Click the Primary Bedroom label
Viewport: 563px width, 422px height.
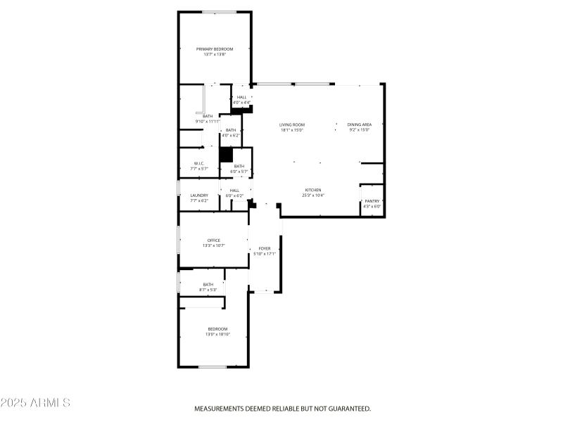[x=214, y=49]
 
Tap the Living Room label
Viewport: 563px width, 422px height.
[x=291, y=125]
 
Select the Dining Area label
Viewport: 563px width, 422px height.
[x=359, y=125]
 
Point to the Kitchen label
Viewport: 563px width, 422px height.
[x=312, y=190]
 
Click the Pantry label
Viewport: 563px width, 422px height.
[x=372, y=202]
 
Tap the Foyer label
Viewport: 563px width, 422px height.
[x=265, y=248]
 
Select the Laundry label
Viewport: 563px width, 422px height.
[x=199, y=196]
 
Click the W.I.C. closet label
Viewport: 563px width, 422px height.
[x=199, y=163]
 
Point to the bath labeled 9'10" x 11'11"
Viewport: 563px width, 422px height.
[x=208, y=116]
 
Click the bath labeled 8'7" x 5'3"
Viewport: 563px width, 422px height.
[x=208, y=285]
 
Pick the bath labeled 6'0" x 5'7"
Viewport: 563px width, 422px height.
[x=239, y=167]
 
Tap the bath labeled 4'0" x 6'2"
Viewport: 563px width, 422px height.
[x=231, y=131]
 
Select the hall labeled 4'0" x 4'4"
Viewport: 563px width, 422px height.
[x=241, y=98]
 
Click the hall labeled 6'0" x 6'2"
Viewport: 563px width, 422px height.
[x=234, y=190]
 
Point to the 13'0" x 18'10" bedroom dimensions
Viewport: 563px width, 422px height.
[x=217, y=335]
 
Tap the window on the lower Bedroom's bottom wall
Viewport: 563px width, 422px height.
[x=212, y=366]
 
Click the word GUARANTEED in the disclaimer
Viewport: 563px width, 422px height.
[x=345, y=409]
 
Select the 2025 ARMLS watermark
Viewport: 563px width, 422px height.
[x=35, y=403]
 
